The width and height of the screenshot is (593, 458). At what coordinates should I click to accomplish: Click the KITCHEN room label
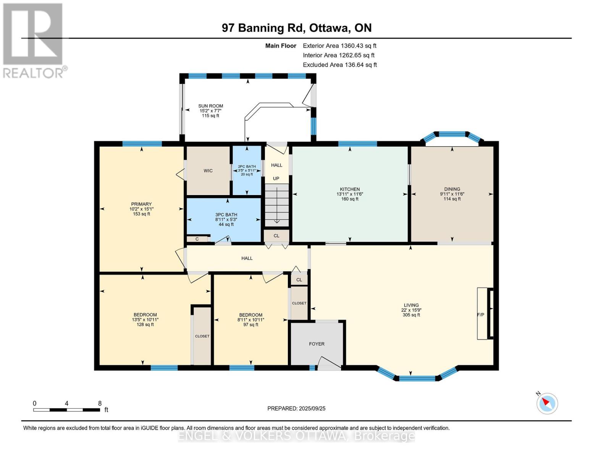click(350, 189)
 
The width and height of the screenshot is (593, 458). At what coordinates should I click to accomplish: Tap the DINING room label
click(452, 189)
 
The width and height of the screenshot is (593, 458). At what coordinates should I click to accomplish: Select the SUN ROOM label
click(210, 106)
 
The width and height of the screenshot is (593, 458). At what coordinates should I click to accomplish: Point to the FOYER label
click(317, 344)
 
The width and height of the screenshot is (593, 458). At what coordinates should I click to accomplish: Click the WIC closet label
click(208, 171)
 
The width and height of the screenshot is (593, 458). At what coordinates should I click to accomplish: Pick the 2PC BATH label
click(247, 166)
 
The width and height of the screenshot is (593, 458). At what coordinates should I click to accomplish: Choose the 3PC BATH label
click(226, 214)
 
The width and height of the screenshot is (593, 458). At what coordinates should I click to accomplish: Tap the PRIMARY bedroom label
click(141, 204)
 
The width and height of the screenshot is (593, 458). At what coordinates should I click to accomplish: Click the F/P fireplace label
click(481, 315)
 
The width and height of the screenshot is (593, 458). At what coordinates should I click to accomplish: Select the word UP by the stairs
click(276, 178)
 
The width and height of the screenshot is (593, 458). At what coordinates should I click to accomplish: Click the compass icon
click(547, 403)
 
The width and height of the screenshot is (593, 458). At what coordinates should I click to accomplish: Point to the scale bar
click(66, 410)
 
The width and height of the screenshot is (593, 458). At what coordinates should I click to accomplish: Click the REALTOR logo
click(34, 41)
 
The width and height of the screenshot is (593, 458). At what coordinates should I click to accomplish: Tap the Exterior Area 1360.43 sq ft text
click(339, 46)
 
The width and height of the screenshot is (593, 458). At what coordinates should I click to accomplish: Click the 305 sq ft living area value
click(411, 315)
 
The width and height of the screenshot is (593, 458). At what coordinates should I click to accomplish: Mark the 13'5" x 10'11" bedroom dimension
click(145, 320)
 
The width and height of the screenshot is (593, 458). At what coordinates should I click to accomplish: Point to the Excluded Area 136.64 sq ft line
click(340, 65)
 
